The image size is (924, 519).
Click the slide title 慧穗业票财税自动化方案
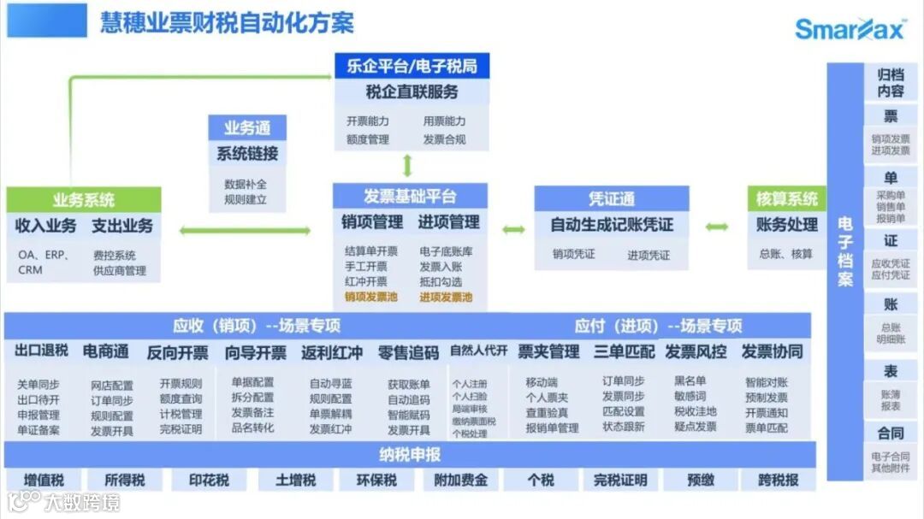point(227,21)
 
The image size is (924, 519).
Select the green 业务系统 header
point(84,200)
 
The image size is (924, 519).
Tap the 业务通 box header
point(247,128)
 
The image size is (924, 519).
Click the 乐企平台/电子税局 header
point(412,65)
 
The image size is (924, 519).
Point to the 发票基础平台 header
point(410,196)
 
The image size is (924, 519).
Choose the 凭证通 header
point(611,199)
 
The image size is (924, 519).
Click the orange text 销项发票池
point(370,298)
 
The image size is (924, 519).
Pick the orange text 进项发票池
point(446,298)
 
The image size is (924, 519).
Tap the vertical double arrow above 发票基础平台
point(408,165)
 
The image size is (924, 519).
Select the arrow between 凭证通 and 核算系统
point(718,227)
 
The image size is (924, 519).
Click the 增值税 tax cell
point(44,480)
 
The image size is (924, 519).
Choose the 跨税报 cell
point(778,480)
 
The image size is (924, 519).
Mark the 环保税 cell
point(376,480)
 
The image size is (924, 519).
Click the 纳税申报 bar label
point(410,453)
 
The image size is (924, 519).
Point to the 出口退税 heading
point(41,351)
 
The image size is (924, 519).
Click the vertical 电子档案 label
point(845,251)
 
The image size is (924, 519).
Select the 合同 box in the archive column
point(891,433)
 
